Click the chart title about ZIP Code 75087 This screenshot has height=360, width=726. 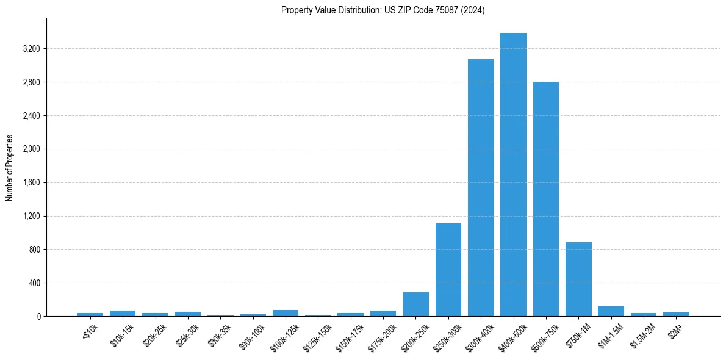[383, 10]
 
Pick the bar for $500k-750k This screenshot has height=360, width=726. [546, 199]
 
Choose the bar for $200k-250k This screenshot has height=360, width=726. [415, 304]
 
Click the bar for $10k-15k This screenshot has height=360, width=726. [123, 313]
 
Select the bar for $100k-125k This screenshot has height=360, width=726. [286, 313]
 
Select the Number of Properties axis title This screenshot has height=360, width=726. [10, 168]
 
